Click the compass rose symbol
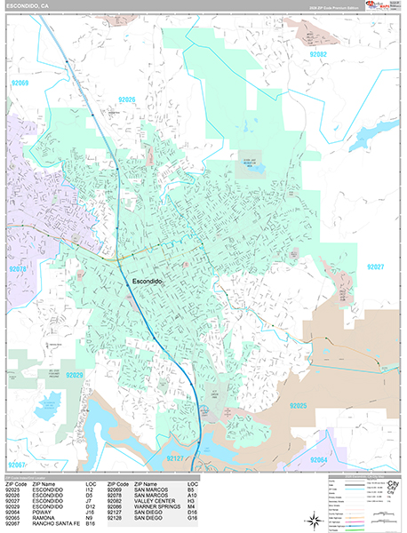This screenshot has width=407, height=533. [x=314, y=520]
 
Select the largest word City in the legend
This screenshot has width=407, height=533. [x=391, y=490]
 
